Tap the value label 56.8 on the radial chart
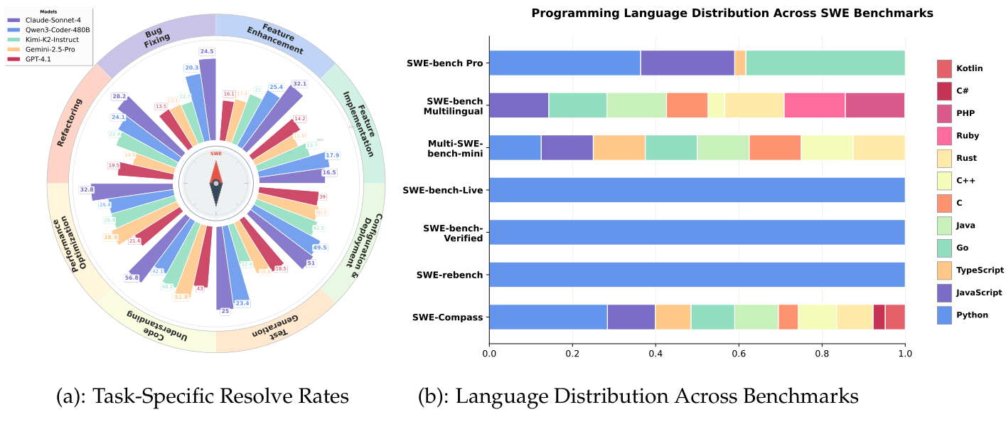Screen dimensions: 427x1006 click(132, 278)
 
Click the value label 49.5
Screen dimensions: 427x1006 click(319, 248)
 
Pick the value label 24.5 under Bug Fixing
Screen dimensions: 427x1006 click(207, 51)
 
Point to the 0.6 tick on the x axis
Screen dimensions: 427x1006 click(739, 351)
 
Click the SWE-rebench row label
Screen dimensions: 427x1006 click(450, 274)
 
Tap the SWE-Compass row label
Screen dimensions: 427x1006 click(448, 317)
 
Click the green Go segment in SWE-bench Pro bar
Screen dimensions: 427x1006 click(825, 63)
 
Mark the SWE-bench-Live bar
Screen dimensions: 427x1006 click(697, 190)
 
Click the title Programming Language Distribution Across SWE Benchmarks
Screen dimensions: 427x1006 click(732, 13)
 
